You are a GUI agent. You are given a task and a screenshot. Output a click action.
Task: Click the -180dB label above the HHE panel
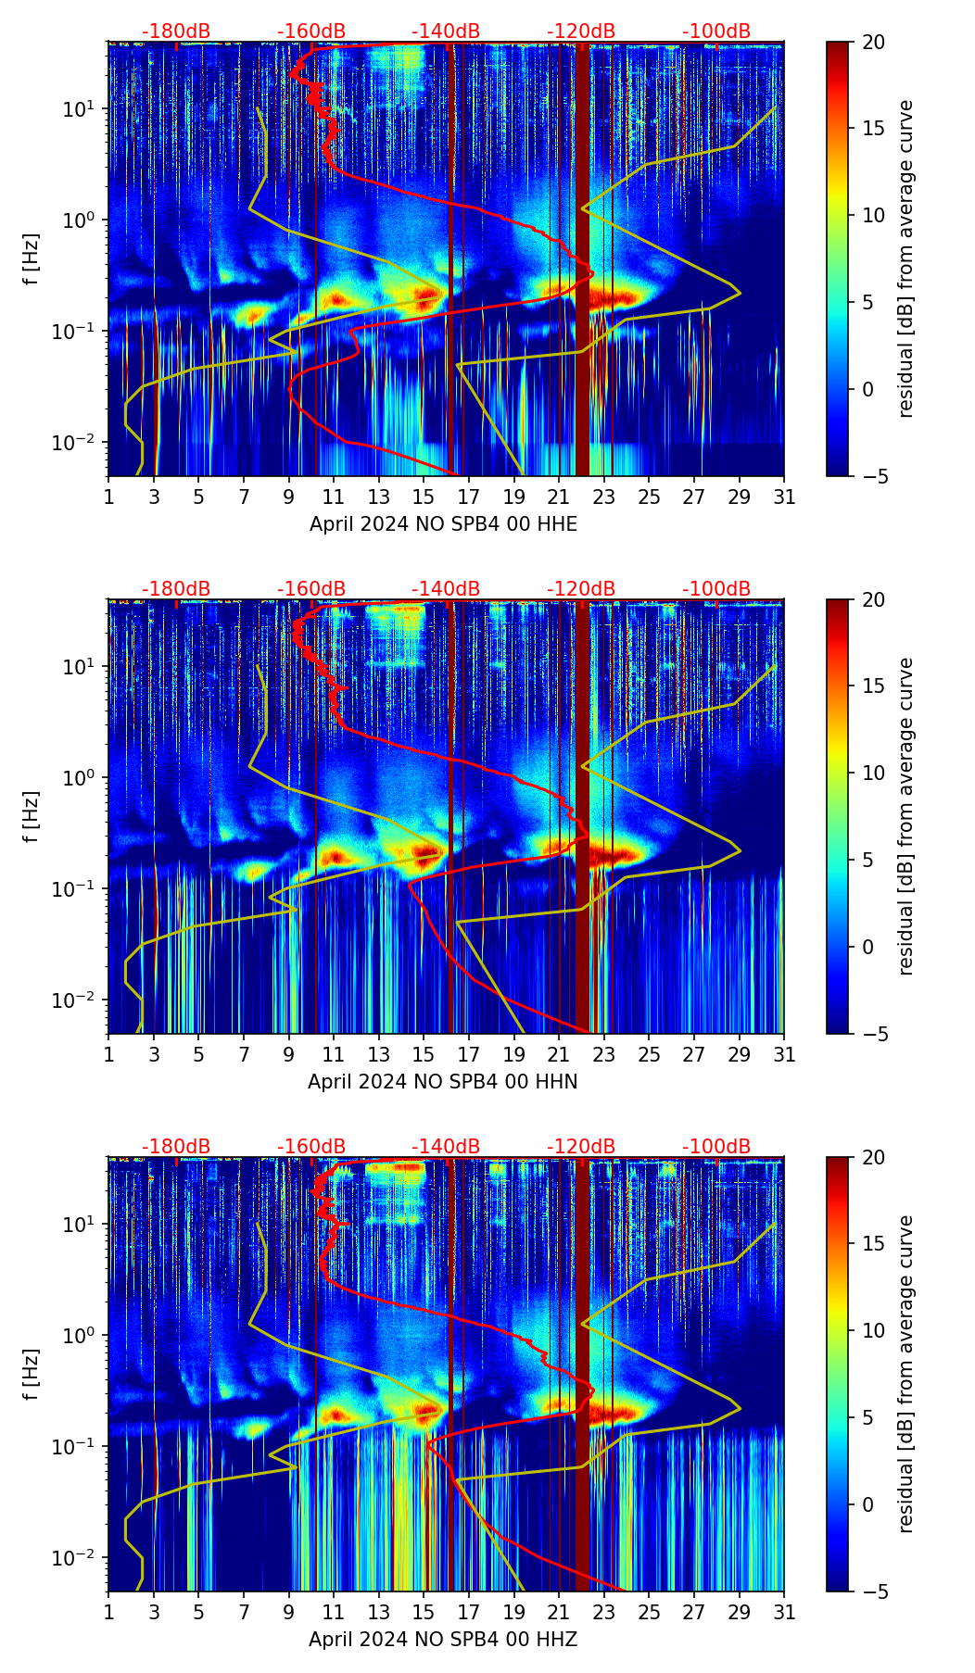click(176, 31)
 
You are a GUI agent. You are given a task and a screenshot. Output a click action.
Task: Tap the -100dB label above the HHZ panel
click(716, 1147)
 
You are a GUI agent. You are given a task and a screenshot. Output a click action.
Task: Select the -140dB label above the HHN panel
click(446, 589)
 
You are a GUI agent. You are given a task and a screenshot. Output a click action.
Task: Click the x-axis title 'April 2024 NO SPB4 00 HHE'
click(443, 524)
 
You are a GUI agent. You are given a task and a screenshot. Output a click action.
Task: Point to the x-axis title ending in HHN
click(443, 1082)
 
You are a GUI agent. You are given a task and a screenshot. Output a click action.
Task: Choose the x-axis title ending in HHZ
click(443, 1640)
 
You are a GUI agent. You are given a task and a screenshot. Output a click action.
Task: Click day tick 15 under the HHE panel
click(424, 497)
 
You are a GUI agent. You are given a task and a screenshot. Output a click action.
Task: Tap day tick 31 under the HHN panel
click(784, 1054)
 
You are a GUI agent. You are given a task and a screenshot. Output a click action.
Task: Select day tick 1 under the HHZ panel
click(108, 1612)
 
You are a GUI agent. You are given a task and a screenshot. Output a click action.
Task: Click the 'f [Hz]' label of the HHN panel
click(32, 816)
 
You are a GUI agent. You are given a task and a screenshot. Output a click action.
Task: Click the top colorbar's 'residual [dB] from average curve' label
click(906, 258)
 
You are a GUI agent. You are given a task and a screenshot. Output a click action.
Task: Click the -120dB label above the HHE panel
click(581, 31)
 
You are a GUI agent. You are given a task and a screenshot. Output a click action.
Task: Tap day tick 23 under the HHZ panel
click(604, 1612)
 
